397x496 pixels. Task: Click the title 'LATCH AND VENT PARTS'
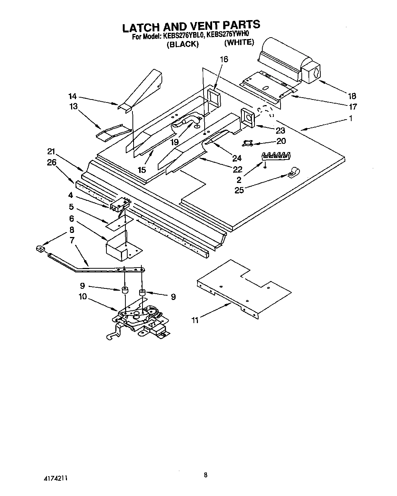point(191,26)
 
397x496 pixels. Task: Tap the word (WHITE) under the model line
point(239,42)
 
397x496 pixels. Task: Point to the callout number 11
point(195,320)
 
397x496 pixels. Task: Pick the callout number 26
point(52,162)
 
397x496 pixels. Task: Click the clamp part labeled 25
point(293,172)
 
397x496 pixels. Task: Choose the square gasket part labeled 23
point(247,117)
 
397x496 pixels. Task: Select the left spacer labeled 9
point(124,290)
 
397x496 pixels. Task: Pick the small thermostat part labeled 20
point(247,142)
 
